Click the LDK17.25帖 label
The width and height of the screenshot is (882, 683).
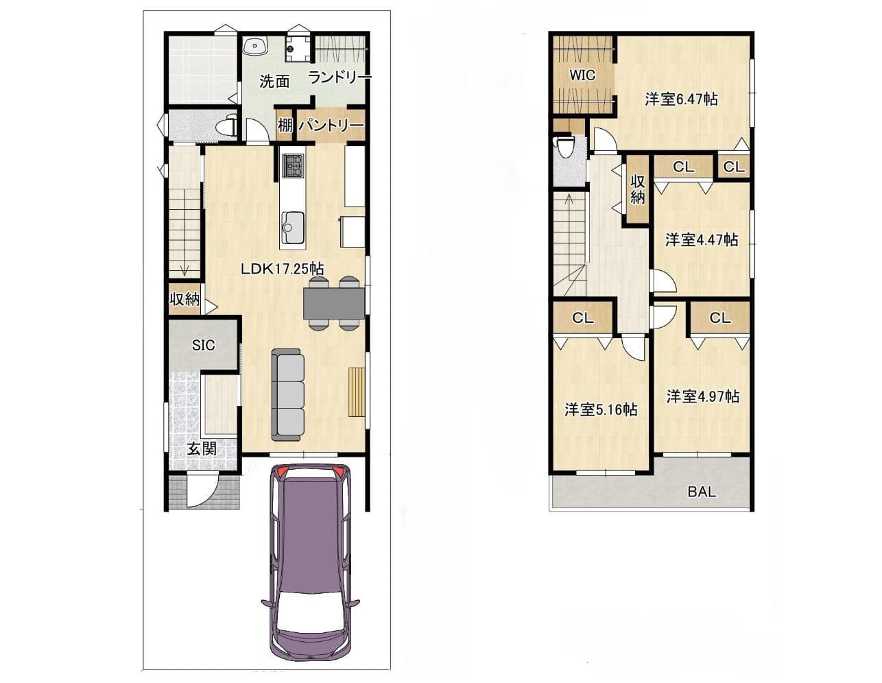pyautogui.click(x=282, y=268)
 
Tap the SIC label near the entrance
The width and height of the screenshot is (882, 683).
pyautogui.click(x=203, y=346)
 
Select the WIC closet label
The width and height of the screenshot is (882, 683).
pyautogui.click(x=582, y=75)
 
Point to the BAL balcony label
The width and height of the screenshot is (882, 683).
pyautogui.click(x=702, y=492)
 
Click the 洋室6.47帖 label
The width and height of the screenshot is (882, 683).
pyautogui.click(x=682, y=99)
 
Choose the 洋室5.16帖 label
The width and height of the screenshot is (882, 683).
pyautogui.click(x=601, y=409)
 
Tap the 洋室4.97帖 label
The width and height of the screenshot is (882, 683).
pyautogui.click(x=702, y=396)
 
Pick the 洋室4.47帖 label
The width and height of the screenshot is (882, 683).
pyautogui.click(x=702, y=239)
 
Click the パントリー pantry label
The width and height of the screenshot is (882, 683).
pyautogui.click(x=331, y=125)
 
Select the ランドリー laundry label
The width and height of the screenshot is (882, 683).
pyautogui.click(x=339, y=77)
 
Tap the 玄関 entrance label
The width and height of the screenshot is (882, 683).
pyautogui.click(x=202, y=449)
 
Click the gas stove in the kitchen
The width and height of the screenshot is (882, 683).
pyautogui.click(x=293, y=165)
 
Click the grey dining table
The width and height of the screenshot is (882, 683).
pyautogui.click(x=334, y=303)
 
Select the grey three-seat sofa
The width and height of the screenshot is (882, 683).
pyautogui.click(x=288, y=395)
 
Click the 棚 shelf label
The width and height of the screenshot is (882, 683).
pyautogui.click(x=285, y=125)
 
